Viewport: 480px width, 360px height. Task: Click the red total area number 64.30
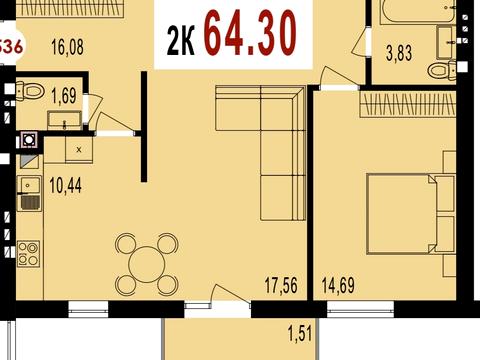point(250,34)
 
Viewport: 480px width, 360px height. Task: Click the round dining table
point(141,263)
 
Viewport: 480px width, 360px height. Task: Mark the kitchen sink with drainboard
point(28,195)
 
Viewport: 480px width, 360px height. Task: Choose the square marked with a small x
point(78,148)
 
